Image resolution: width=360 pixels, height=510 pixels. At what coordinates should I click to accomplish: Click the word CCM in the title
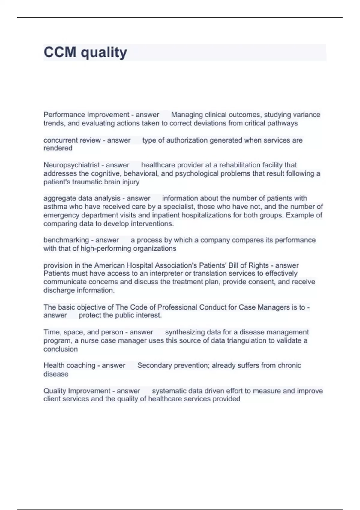point(60,52)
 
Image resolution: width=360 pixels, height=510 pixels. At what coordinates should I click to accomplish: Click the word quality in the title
point(104,53)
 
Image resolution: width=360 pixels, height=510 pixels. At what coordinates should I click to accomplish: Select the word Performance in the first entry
point(64,115)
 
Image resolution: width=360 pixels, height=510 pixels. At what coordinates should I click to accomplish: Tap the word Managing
point(187,115)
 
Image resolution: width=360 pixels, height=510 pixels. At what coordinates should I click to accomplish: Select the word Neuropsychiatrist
point(71,165)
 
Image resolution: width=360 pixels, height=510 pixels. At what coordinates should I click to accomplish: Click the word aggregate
point(60,198)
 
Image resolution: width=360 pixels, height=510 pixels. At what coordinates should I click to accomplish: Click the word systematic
point(169,391)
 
